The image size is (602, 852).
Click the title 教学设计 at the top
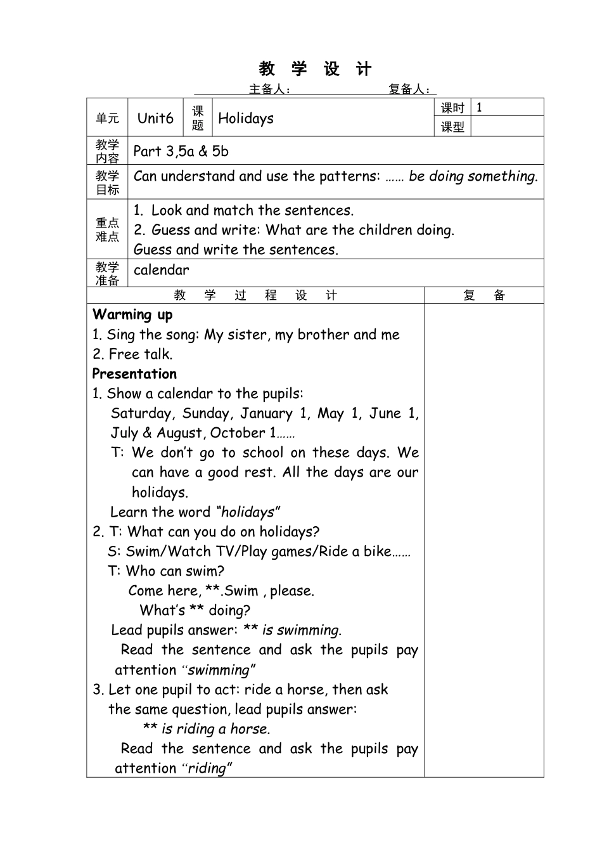315,69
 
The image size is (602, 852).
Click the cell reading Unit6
155,118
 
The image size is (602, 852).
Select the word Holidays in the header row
246,118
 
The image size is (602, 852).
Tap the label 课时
452,108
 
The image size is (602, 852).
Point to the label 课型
452,127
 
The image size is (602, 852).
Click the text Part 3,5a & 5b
181,151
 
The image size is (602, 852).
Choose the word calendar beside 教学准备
161,270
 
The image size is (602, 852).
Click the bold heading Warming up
132,314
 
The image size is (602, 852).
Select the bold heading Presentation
134,373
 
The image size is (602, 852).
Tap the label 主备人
269,89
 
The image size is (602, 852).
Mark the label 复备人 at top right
409,89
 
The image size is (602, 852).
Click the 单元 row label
107,118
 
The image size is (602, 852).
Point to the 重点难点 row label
107,229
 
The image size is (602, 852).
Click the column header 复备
484,295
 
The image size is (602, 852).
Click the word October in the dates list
238,433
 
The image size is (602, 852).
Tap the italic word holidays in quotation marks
248,512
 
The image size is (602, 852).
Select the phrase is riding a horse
215,729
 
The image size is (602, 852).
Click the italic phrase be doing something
473,176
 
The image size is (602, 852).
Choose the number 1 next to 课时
479,107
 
